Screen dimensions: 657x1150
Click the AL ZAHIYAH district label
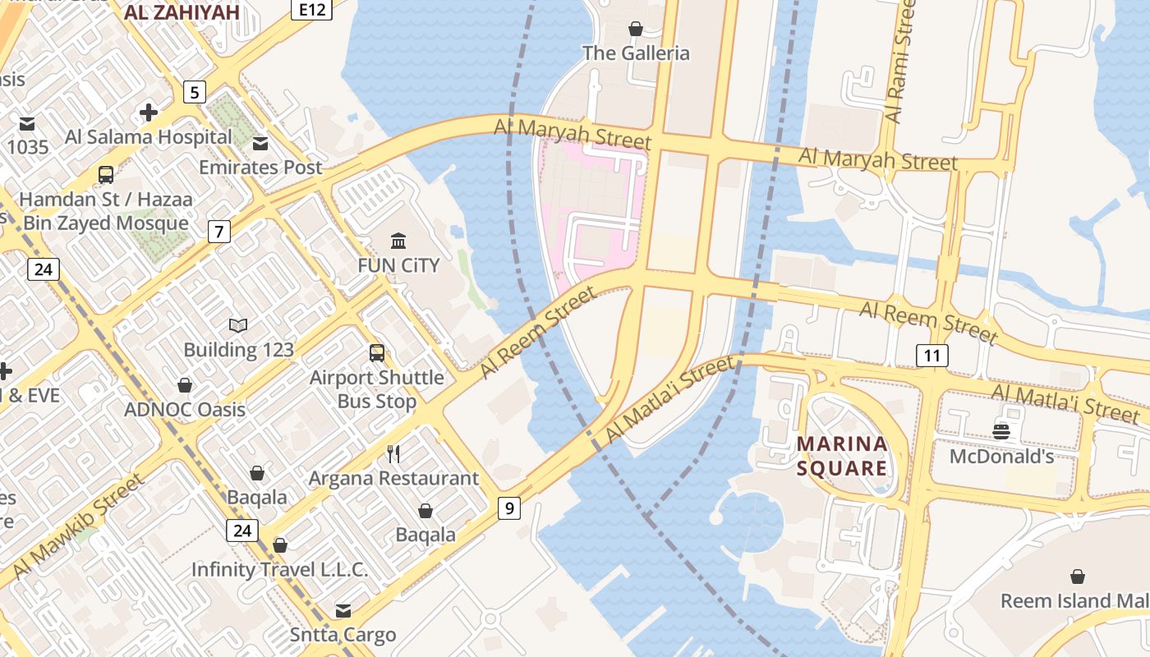(x=182, y=12)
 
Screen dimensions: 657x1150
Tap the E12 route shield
(x=311, y=8)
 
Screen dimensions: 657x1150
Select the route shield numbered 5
(x=194, y=92)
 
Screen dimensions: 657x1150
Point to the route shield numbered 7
(x=218, y=232)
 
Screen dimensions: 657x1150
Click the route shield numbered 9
(x=509, y=508)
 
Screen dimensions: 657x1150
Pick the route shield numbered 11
(x=931, y=356)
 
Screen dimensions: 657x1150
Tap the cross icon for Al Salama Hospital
(x=149, y=112)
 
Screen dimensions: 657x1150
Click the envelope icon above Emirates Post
(x=260, y=144)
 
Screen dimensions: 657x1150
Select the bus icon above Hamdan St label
(x=106, y=174)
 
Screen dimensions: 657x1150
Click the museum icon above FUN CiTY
(x=398, y=241)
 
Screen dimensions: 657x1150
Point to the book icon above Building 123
(x=238, y=326)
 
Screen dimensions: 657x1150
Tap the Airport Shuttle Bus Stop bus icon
(x=377, y=353)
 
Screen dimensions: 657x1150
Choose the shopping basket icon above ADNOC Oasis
(x=185, y=385)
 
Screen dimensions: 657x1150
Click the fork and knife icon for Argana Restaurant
(x=393, y=453)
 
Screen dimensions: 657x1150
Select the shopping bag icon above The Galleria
(x=636, y=29)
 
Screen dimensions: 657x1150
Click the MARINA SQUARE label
(x=842, y=457)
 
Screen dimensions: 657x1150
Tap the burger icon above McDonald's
(x=1001, y=431)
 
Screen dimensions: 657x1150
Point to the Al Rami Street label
(x=901, y=62)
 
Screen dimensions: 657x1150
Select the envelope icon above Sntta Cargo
(x=343, y=610)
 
